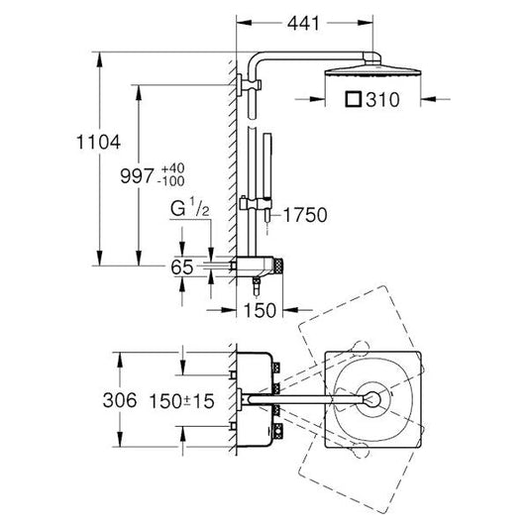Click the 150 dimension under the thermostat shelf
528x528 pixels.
pyautogui.click(x=261, y=310)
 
